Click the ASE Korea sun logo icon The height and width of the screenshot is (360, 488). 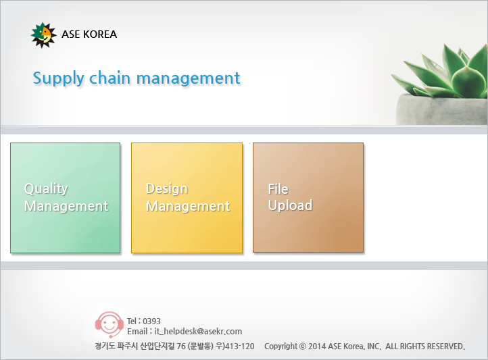click(x=43, y=35)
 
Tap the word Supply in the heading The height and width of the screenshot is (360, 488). click(x=59, y=78)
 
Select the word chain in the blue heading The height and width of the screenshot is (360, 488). click(x=109, y=78)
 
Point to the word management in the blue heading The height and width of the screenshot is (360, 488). click(x=189, y=79)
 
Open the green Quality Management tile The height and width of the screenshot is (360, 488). click(x=66, y=198)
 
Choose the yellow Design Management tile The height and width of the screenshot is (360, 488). click(x=187, y=198)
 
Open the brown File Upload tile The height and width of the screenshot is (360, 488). click(x=308, y=198)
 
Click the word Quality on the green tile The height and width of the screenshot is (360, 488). click(x=46, y=188)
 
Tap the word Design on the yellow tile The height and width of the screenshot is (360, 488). click(x=167, y=188)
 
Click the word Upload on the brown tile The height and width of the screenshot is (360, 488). click(x=290, y=205)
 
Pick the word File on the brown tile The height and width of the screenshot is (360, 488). click(x=278, y=188)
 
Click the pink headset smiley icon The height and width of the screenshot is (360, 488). click(x=109, y=325)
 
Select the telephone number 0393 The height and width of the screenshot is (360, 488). click(x=151, y=321)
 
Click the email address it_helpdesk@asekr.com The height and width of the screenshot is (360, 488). click(x=198, y=332)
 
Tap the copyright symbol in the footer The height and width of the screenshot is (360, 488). click(x=303, y=346)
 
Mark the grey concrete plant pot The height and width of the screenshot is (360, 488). click(x=441, y=109)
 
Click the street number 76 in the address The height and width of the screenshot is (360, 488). click(x=181, y=346)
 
